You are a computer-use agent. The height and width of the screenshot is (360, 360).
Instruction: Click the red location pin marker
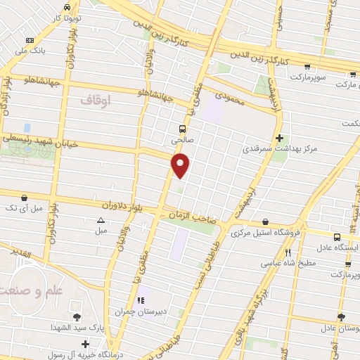coord(181,166)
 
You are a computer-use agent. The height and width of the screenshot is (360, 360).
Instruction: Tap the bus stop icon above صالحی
coord(182,129)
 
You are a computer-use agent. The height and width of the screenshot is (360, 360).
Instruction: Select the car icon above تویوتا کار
coord(67,6)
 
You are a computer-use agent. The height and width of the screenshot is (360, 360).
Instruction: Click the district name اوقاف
coord(96,101)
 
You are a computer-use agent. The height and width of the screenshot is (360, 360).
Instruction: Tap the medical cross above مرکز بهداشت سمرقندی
coord(280,138)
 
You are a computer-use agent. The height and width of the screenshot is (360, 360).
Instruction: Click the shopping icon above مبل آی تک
coord(25,198)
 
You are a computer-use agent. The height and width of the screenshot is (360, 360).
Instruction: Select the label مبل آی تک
coord(25,209)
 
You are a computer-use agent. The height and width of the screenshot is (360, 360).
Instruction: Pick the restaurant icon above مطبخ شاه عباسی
coord(288,252)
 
